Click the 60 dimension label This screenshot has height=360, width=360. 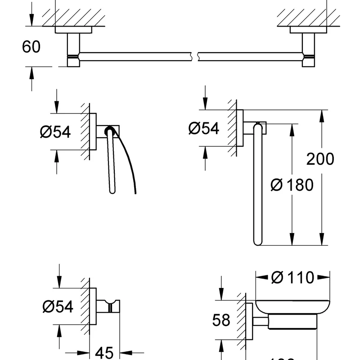click(x=31, y=47)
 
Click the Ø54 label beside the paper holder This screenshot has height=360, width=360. click(x=55, y=132)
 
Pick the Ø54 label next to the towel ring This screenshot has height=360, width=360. click(x=203, y=129)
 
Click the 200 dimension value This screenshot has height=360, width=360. click(x=320, y=159)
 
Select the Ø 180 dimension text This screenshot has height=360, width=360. click(x=292, y=184)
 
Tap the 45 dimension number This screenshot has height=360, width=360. click(x=106, y=352)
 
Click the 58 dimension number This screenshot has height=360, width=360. click(x=221, y=320)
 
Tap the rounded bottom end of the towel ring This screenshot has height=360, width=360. click(x=258, y=243)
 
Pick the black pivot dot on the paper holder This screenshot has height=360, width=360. click(x=108, y=131)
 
